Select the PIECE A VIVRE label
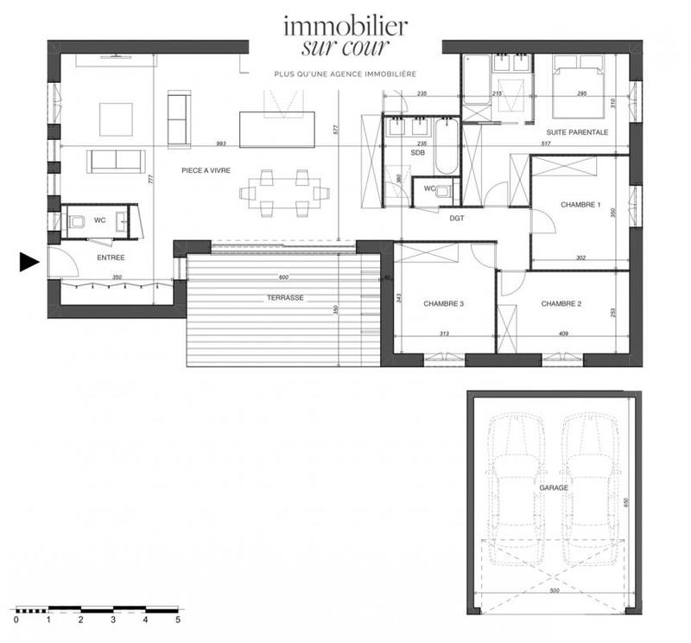click(206, 170)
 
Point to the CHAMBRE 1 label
click(580, 205)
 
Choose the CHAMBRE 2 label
click(561, 303)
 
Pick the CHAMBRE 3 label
click(444, 303)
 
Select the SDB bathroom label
click(418, 153)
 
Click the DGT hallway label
click(457, 219)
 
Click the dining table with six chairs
click(281, 192)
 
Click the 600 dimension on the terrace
click(284, 277)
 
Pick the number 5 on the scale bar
click(178, 620)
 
